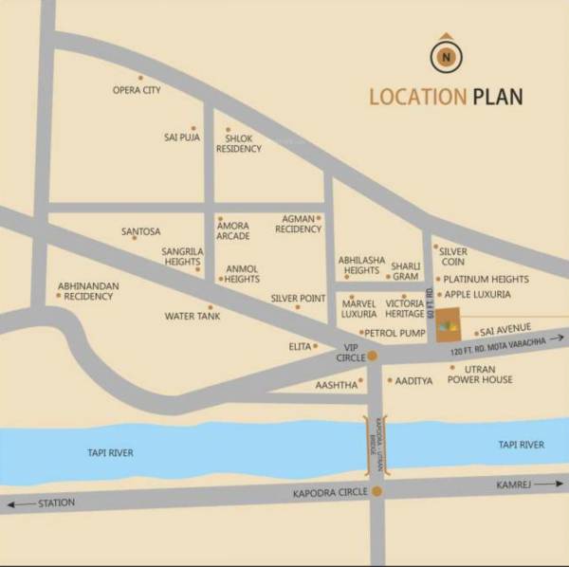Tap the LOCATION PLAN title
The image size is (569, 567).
[x=445, y=97]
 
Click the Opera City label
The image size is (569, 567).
[x=137, y=90]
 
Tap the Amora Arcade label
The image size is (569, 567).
[x=233, y=230]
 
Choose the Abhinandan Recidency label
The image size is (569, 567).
[x=85, y=290]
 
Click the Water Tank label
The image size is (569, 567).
[x=193, y=316]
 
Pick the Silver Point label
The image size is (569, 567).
[x=298, y=298]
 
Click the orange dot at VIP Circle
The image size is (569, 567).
[x=373, y=357]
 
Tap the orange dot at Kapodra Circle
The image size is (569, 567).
[x=377, y=491]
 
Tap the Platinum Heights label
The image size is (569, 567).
[x=486, y=280]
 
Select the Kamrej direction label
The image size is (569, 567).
[x=513, y=485]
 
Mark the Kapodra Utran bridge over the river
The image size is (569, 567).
[x=373, y=444]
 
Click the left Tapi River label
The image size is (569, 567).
[x=107, y=453]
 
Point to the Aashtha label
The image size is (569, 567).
[x=336, y=385]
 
